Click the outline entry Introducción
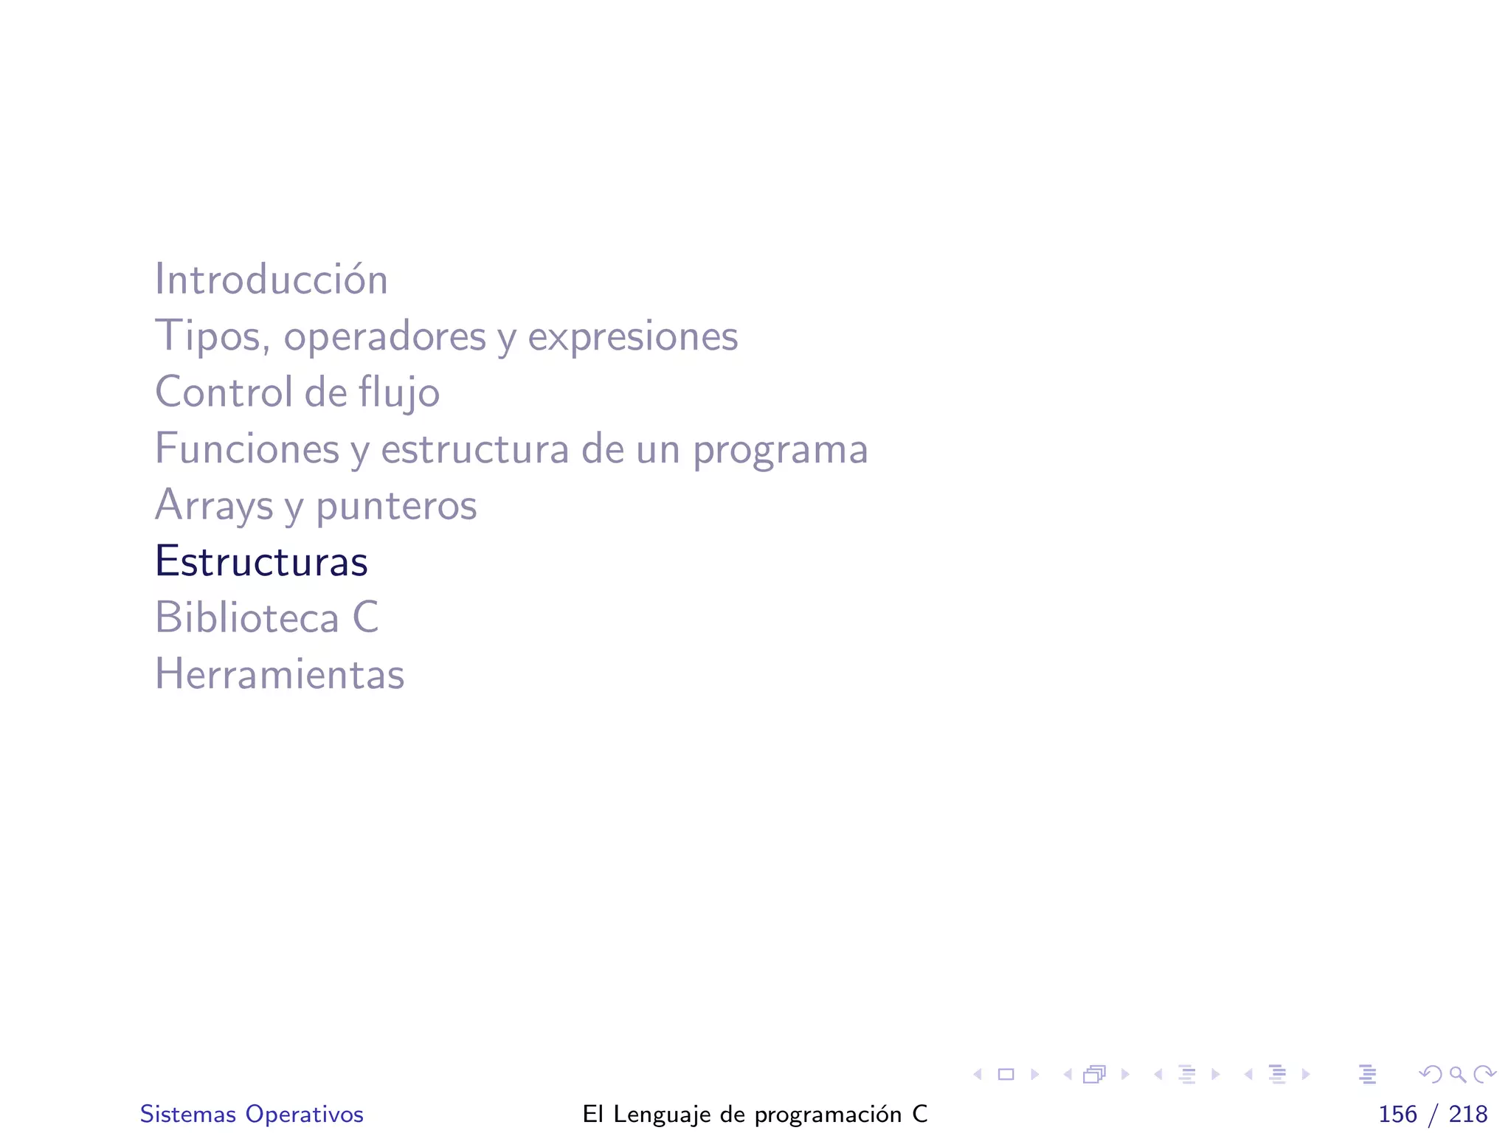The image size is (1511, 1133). tap(271, 280)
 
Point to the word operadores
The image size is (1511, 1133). tap(384, 336)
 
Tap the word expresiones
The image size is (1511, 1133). tap(632, 336)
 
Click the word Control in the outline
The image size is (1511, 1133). tap(224, 392)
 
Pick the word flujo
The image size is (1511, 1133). tap(399, 392)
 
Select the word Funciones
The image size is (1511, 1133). tap(246, 448)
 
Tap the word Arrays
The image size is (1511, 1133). tap(214, 506)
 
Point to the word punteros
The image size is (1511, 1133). tap(396, 506)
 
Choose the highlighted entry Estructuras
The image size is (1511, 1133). tap(261, 561)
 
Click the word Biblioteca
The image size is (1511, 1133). tap(246, 617)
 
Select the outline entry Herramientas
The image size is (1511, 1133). tap(280, 674)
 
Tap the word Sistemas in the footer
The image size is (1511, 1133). tap(188, 1114)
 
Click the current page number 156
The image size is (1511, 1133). tap(1397, 1114)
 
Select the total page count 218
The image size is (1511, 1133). tap(1467, 1114)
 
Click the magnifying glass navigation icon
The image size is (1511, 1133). tap(1457, 1075)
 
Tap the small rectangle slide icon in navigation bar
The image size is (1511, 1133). tap(1006, 1075)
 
